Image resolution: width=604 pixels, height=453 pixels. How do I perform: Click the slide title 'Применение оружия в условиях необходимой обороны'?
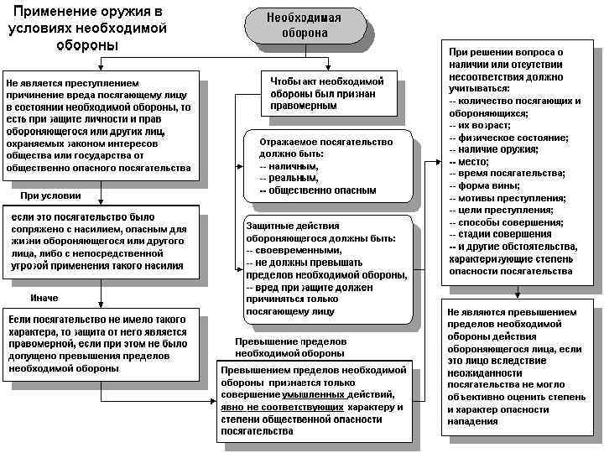pos(86,28)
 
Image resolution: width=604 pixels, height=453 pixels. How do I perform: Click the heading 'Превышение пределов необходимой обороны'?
pos(290,347)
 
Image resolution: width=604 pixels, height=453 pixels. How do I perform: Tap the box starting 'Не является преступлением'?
pos(100,126)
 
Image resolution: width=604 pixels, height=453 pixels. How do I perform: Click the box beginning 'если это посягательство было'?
pos(100,242)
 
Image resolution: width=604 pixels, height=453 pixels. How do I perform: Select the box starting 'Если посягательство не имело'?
pos(99,344)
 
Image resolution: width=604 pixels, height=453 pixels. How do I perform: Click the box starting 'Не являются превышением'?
pos(514,365)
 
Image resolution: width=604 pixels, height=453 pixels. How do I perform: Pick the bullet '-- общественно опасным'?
pos(318,190)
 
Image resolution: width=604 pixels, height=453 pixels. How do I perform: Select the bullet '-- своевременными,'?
pos(294,250)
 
